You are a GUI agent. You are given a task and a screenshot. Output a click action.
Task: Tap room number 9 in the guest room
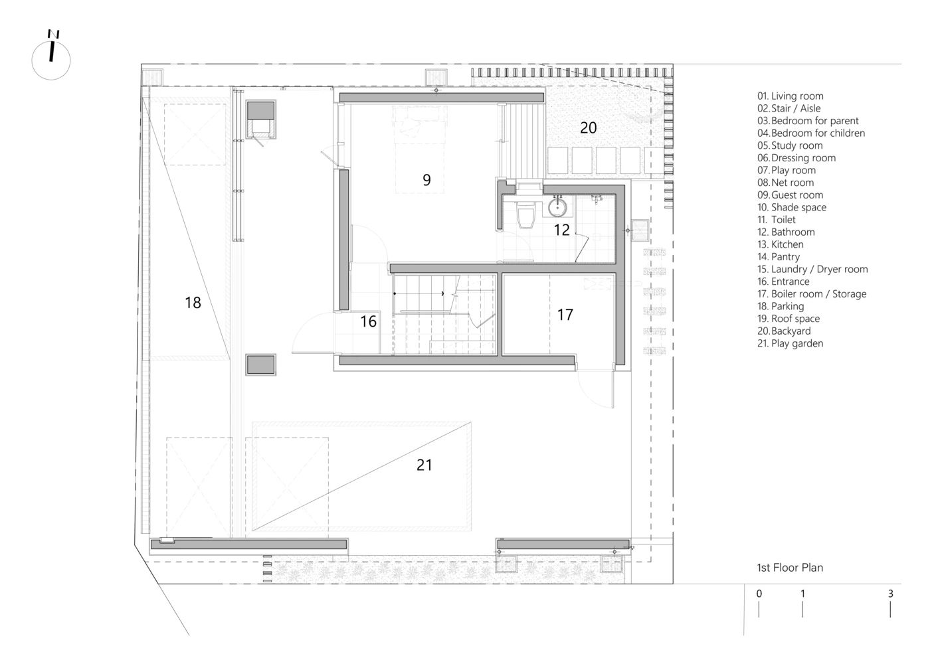[x=426, y=179]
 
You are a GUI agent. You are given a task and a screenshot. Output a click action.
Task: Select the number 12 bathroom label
[x=562, y=230]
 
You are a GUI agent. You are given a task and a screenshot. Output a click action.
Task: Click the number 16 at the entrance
[x=368, y=322]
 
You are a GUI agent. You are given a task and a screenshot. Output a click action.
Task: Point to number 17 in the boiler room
[x=565, y=314]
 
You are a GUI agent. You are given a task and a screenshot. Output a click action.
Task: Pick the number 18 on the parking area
[x=193, y=303]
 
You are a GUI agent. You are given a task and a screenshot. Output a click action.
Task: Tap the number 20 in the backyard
[x=589, y=128]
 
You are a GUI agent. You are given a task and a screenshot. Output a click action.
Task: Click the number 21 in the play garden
[x=424, y=465]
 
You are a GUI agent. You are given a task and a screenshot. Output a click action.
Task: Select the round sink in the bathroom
[x=558, y=208]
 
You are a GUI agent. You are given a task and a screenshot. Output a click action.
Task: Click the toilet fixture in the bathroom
[x=525, y=215]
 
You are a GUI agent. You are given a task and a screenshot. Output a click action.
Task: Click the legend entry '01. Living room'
[x=790, y=96]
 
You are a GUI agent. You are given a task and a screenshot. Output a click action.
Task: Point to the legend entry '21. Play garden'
[x=790, y=343]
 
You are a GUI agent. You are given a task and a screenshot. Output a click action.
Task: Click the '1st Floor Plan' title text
[x=790, y=568]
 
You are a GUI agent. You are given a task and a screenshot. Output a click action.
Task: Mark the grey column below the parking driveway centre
[x=260, y=365]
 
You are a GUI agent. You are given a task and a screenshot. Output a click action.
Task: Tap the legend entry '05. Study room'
[x=790, y=145]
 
